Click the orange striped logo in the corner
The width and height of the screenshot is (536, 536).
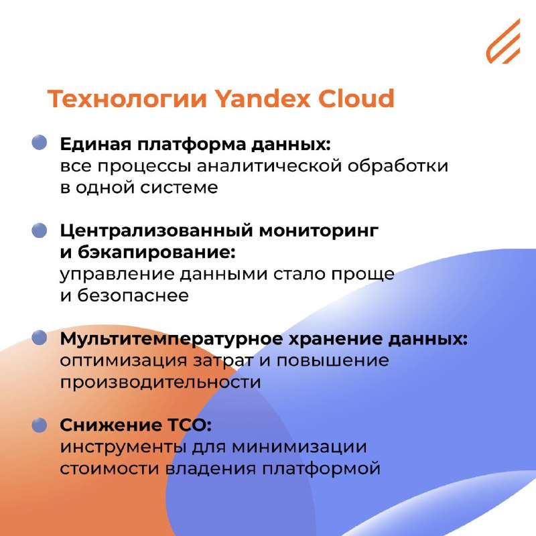point(503,42)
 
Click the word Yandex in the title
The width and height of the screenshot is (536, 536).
point(263,98)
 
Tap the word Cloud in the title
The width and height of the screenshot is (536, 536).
point(356,98)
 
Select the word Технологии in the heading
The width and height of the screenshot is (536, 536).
point(127,98)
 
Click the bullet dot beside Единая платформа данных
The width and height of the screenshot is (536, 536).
point(40,142)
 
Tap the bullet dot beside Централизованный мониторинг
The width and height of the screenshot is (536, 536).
point(40,230)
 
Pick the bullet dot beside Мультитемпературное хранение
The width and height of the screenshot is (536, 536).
point(40,338)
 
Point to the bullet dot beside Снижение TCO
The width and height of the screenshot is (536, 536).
point(40,425)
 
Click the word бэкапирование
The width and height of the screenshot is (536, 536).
point(157,253)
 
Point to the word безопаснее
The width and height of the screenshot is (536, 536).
point(133,295)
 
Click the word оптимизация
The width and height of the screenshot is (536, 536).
point(124,361)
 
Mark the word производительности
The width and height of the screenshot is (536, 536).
point(160,382)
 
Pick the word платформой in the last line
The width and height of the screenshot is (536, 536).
point(322,469)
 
